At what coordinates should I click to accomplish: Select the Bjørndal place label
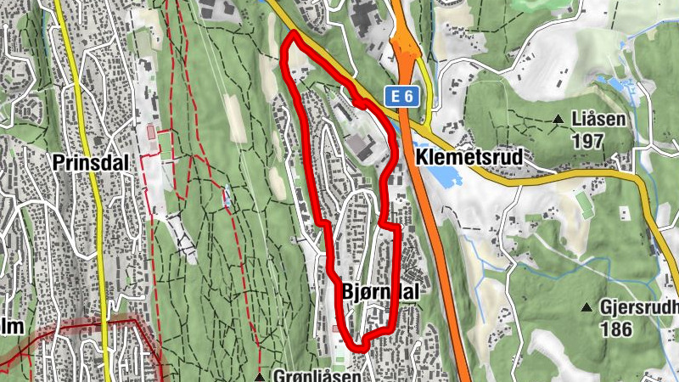point(380,291)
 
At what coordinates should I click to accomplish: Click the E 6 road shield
point(402,97)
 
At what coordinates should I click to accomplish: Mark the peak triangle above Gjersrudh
point(586,306)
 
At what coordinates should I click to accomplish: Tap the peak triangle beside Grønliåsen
point(259,375)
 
